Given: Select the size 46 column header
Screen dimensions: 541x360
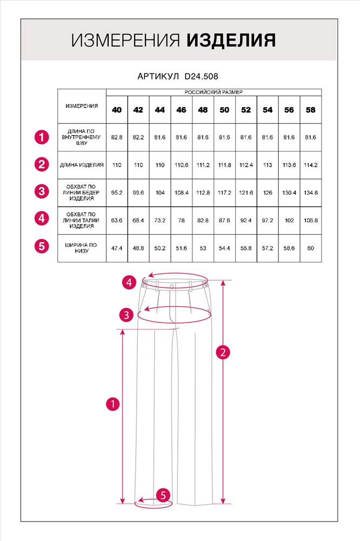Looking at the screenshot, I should [x=181, y=110].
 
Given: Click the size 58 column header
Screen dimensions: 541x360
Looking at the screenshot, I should [x=311, y=110].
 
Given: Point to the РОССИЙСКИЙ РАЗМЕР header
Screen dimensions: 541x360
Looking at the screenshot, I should [x=214, y=93].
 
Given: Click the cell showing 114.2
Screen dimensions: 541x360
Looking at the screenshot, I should [x=311, y=165].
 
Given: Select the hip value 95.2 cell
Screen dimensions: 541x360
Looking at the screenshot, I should [x=117, y=192].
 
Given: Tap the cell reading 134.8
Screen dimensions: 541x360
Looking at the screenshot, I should [x=311, y=192].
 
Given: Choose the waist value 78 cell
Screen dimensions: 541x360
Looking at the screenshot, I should [x=181, y=221].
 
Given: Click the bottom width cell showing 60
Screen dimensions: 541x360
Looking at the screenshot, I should [x=311, y=248].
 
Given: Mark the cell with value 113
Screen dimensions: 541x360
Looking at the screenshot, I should [x=268, y=165].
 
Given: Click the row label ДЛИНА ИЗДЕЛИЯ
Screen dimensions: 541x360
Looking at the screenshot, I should [x=82, y=165].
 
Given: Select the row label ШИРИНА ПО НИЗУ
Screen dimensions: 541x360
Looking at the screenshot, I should [x=82, y=248].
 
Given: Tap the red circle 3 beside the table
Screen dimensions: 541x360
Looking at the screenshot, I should [x=42, y=191].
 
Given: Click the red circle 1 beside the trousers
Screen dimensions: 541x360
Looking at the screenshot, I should [x=112, y=404].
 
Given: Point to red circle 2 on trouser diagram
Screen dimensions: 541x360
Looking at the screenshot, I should [x=223, y=352].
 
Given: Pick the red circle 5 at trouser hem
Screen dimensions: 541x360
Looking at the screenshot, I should [x=164, y=495].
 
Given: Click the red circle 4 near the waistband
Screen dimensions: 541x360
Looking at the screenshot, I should [x=128, y=282].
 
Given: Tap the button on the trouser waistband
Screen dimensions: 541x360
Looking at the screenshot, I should [x=171, y=286].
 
